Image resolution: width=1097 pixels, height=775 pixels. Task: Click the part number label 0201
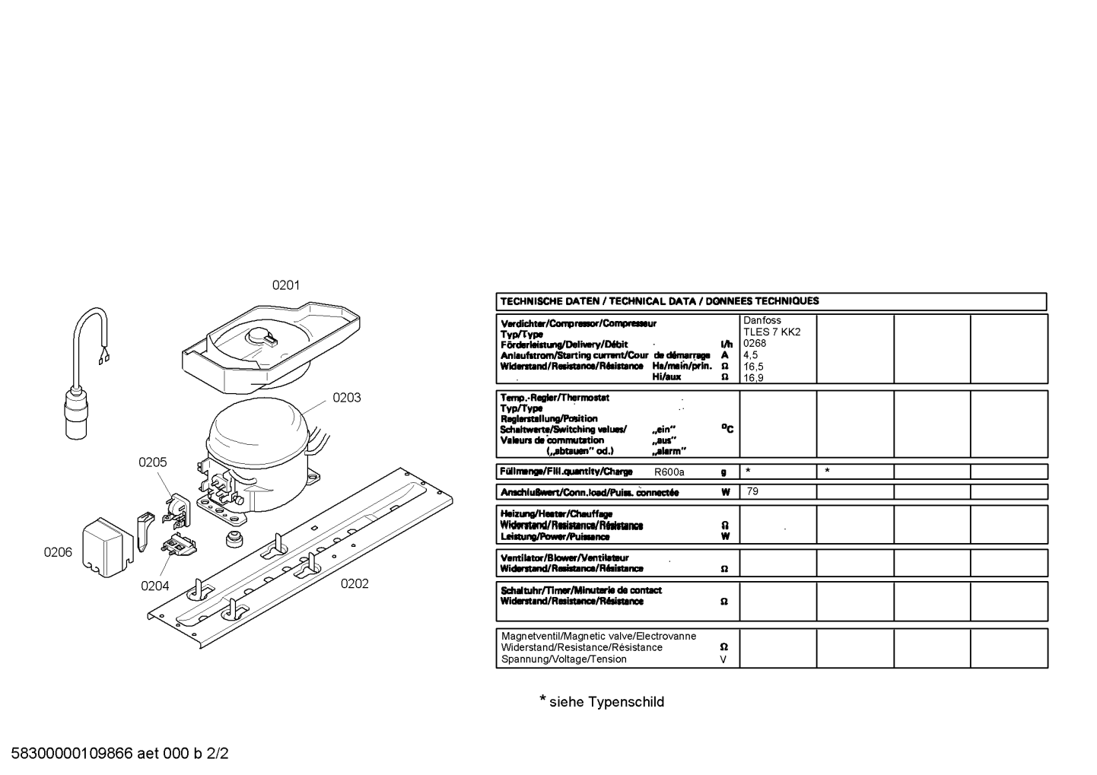click(286, 285)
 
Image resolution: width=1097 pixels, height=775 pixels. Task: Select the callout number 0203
click(347, 398)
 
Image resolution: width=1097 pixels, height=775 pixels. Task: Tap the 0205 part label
click(152, 462)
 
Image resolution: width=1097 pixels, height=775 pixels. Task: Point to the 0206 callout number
click(58, 552)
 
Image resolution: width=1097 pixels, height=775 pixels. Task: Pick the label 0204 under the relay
click(154, 586)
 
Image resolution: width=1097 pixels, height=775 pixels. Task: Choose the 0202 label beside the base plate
click(355, 583)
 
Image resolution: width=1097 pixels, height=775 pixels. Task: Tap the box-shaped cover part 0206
click(108, 548)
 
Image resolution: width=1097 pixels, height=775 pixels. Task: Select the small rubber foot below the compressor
click(234, 538)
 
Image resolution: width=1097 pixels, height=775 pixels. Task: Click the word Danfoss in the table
click(762, 321)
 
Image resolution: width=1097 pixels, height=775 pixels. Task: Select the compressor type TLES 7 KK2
click(772, 332)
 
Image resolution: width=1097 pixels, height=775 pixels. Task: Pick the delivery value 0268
click(755, 343)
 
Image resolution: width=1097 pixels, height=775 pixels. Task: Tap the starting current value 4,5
click(751, 355)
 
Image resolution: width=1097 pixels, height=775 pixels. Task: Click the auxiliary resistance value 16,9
click(753, 377)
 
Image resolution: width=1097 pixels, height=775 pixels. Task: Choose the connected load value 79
click(752, 491)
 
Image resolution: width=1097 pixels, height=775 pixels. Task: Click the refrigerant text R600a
click(669, 472)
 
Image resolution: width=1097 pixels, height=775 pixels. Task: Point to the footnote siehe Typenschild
click(607, 701)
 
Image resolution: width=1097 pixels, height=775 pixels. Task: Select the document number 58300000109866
click(72, 753)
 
